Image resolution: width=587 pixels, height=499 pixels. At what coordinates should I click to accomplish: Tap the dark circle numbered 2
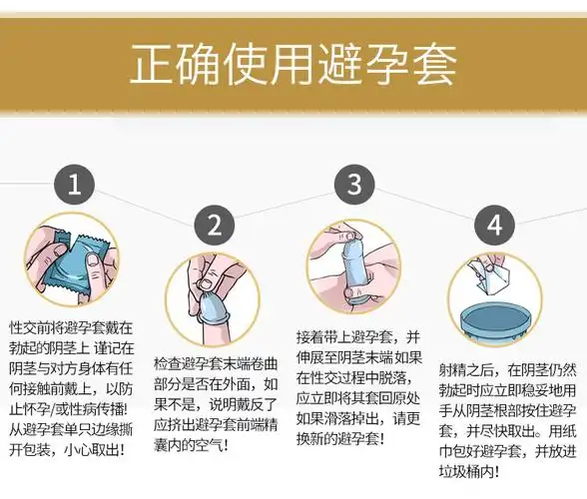point(214,226)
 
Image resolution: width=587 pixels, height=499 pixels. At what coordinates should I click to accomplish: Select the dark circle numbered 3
point(353,185)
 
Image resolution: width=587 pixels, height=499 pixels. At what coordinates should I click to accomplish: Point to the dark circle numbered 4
point(493,226)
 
